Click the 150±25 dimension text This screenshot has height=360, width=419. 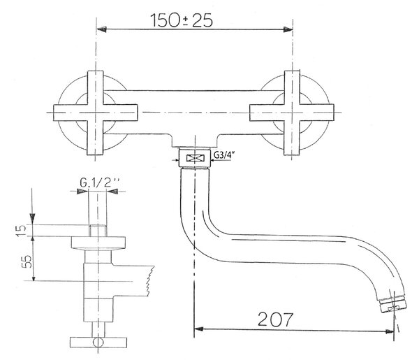pyautogui.click(x=182, y=20)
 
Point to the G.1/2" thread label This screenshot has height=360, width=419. pyautogui.click(x=99, y=182)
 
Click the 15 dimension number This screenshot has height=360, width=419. pyautogui.click(x=20, y=230)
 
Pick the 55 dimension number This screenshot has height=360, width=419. pyautogui.click(x=27, y=261)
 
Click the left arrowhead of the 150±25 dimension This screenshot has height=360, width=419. pyautogui.click(x=102, y=29)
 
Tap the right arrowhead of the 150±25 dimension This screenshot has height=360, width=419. pyautogui.click(x=288, y=29)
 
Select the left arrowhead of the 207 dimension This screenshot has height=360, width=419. pyautogui.click(x=198, y=329)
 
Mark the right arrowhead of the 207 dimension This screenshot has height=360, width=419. pyautogui.click(x=389, y=331)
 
